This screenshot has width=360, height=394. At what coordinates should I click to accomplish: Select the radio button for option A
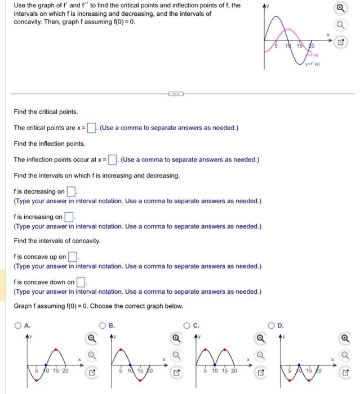click(18, 325)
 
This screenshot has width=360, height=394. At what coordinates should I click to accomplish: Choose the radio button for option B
click(103, 325)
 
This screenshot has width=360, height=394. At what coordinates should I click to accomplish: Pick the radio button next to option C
click(188, 325)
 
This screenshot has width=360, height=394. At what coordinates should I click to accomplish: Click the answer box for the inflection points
click(113, 160)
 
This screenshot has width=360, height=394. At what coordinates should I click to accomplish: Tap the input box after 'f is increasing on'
click(69, 217)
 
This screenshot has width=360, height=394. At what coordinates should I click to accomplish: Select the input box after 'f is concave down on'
click(81, 283)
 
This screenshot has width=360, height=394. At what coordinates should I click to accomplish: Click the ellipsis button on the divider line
click(174, 93)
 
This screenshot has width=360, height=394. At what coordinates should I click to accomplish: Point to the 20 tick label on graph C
click(233, 371)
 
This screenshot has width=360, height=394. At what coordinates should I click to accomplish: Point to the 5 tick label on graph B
click(121, 371)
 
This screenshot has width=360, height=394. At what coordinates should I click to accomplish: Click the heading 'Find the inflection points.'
click(50, 144)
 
